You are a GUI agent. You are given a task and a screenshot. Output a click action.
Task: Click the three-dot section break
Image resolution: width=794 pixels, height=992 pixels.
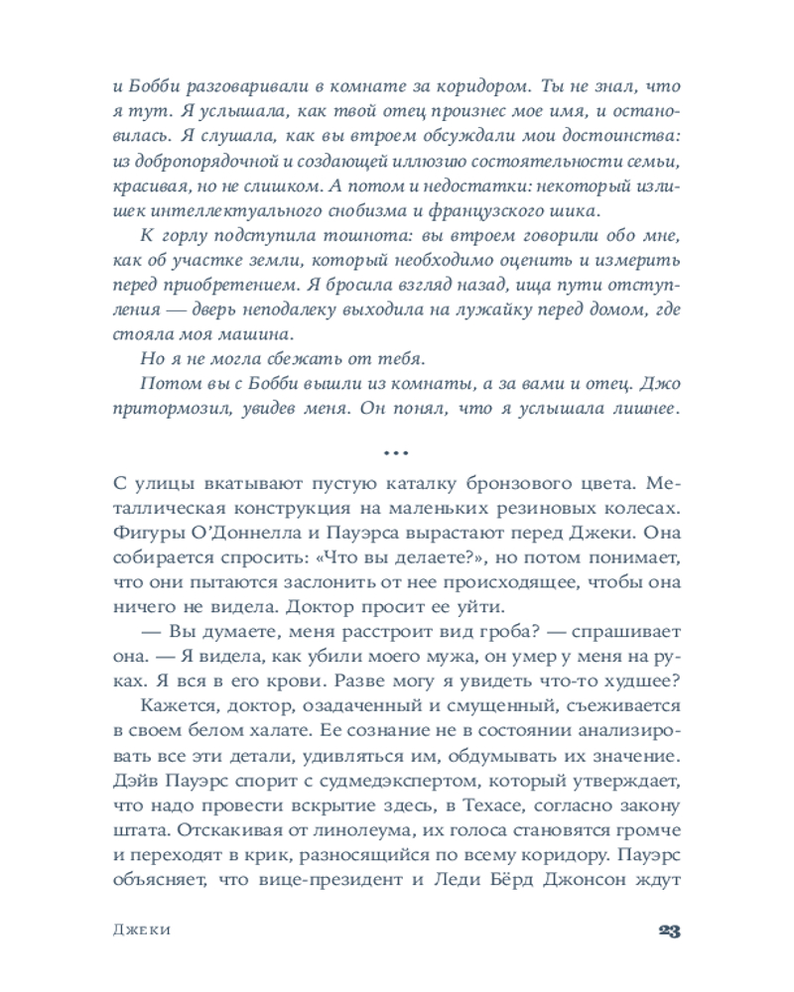click(396, 453)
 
